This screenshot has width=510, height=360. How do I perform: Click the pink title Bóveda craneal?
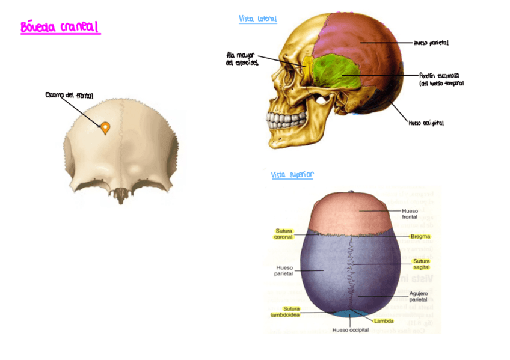pyautogui.click(x=60, y=28)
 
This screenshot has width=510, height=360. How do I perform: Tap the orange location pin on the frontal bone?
pyautogui.click(x=105, y=127)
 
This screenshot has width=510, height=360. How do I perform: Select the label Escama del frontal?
pyautogui.click(x=69, y=96)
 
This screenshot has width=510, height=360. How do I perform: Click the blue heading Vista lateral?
pyautogui.click(x=257, y=19)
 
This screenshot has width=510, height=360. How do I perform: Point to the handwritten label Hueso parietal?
pyautogui.click(x=431, y=43)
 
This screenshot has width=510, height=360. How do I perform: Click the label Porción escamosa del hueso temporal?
pyautogui.click(x=441, y=79)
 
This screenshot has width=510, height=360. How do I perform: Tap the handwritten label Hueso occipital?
pyautogui.click(x=426, y=123)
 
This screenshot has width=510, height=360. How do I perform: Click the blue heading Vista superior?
pyautogui.click(x=292, y=175)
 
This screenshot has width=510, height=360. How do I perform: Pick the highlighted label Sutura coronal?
pyautogui.click(x=283, y=234)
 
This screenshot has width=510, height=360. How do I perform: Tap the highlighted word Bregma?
pyautogui.click(x=420, y=237)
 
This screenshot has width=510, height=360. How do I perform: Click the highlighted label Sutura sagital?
pyautogui.click(x=421, y=264)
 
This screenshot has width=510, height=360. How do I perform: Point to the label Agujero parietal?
pyautogui.click(x=419, y=296)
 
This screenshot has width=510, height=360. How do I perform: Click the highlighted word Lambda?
pyautogui.click(x=384, y=321)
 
